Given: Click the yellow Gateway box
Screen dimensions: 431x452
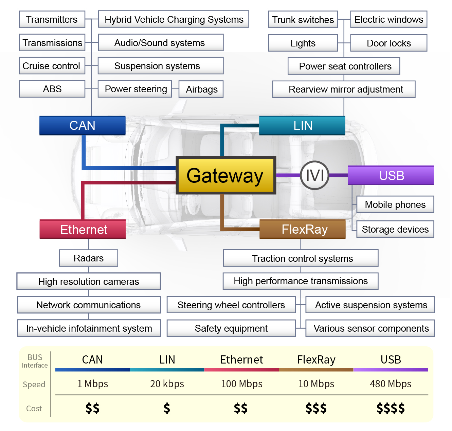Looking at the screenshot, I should [225, 175].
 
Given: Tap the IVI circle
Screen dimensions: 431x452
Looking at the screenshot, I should [315, 175].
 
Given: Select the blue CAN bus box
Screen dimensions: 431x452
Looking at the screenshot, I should [83, 125].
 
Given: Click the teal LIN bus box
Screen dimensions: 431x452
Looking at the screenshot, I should [302, 125].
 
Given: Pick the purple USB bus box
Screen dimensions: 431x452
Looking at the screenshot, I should [391, 175].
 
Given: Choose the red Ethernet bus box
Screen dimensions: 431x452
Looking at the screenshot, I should [83, 230].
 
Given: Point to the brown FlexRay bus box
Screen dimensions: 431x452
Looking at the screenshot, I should [303, 230].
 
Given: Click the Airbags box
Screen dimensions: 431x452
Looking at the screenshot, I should [201, 89].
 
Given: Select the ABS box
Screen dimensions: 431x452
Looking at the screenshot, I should [52, 89].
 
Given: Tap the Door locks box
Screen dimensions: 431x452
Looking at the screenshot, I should [388, 43].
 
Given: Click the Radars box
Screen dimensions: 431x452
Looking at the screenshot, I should [89, 258].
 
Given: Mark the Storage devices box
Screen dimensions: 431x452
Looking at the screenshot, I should [395, 230].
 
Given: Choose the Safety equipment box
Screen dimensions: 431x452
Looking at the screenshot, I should [231, 328].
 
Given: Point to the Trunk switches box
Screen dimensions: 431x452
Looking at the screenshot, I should [303, 20].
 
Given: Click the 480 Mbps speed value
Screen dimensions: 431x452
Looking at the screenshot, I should [391, 384].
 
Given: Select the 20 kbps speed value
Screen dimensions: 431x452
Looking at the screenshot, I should [167, 384].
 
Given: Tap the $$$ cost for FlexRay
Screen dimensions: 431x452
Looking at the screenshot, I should [316, 408].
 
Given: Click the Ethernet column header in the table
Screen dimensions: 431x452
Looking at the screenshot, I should [241, 359].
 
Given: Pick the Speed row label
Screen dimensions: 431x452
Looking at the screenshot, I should [34, 385].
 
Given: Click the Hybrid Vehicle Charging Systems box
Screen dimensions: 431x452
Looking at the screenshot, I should [174, 19].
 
